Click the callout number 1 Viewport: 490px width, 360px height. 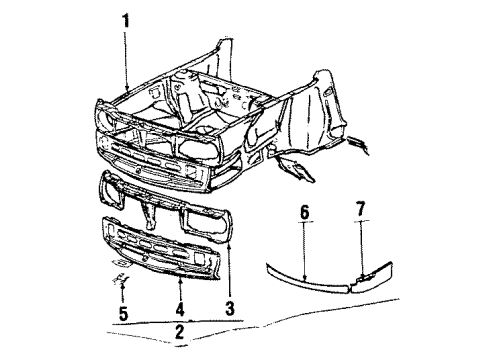pos(126,22)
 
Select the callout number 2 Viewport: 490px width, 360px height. pos(179,332)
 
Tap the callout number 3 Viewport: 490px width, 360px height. pos(229,309)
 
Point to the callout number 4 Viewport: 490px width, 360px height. pos(180,309)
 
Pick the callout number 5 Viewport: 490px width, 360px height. pos(123,314)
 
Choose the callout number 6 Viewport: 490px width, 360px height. pos(304,212)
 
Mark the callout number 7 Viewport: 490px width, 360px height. pos(361,209)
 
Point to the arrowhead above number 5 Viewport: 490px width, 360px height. pos(123,284)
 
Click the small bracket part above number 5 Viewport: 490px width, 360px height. pos(121,279)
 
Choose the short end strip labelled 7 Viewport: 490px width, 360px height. pos(373,277)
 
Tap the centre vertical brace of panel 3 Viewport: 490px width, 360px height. pos(149,216)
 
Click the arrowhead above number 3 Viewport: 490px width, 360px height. pos(229,246)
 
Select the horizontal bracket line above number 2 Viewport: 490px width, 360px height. pos(178,322)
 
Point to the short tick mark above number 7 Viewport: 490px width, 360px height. pos(361,221)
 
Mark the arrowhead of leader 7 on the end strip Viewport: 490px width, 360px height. pos(361,275)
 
